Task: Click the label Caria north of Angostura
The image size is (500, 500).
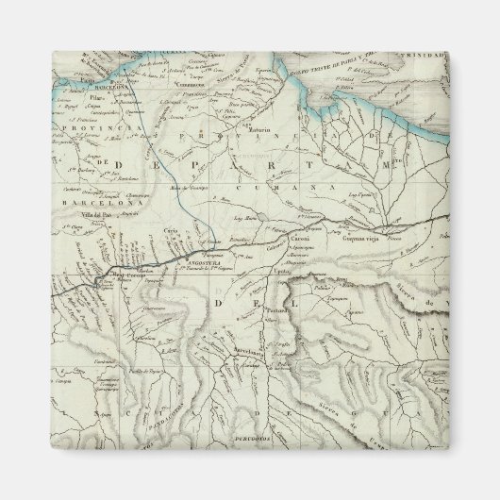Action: click(x=170, y=229)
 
